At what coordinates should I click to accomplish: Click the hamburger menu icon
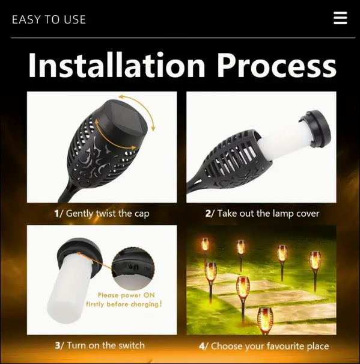point(340,18)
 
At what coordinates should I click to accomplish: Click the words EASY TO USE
point(49,19)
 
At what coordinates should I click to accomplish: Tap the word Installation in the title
point(117,65)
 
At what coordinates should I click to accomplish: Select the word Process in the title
point(276,65)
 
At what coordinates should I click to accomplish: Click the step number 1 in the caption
point(56,214)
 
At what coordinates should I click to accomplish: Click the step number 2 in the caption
point(207,214)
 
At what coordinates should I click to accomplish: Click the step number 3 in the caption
point(58,346)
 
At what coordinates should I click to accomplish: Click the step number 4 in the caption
point(201,347)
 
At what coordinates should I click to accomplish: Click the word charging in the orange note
point(145,304)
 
